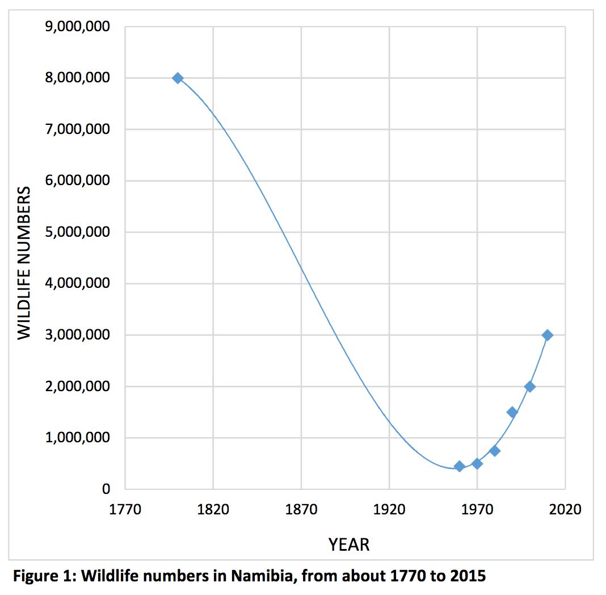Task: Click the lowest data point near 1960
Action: click(460, 466)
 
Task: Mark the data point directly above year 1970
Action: click(477, 463)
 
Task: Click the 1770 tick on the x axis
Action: click(125, 509)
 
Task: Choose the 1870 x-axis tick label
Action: click(301, 509)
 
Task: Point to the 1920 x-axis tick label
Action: click(389, 509)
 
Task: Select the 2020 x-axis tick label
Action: click(565, 509)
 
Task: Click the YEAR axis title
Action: click(348, 545)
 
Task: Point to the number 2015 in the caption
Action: click(468, 576)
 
